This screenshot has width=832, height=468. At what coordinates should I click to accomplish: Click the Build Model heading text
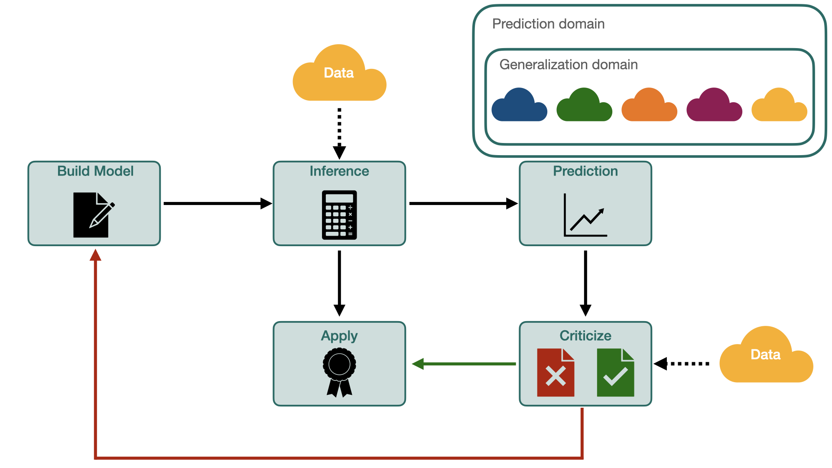pos(95,171)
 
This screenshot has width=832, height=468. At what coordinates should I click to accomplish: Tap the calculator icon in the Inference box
pos(339,215)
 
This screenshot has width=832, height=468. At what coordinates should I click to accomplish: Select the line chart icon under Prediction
pos(585,215)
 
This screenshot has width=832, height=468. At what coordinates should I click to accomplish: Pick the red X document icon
pos(556,373)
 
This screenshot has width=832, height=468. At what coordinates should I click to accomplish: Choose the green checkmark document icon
pos(615,373)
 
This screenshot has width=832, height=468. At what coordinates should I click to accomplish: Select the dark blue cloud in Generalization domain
pos(519,106)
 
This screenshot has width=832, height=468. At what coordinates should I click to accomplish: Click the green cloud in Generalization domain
pos(584,106)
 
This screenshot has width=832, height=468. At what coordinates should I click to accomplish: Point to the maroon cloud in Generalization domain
pos(714,106)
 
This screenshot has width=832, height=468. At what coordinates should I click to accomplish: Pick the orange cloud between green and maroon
pos(649,106)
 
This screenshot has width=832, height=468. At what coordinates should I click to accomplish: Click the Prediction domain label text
pos(548,24)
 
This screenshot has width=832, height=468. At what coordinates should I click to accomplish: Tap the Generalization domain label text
pos(569,65)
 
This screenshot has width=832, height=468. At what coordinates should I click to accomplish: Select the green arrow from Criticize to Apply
pos(464,364)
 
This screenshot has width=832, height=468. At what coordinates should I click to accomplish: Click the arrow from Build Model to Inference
pos(217,203)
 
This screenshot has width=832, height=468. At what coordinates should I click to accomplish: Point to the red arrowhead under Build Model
pos(95,255)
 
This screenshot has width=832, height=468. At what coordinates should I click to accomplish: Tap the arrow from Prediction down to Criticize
pos(585,282)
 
